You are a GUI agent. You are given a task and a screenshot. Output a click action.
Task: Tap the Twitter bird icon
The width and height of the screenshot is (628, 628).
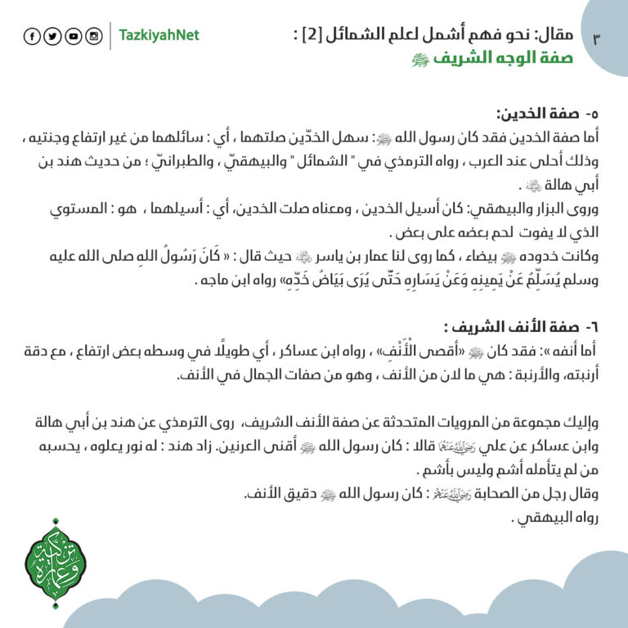(52, 36)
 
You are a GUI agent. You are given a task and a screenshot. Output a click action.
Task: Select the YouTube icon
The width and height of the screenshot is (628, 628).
(74, 36)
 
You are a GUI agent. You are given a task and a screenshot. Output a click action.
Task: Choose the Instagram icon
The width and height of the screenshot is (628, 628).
(94, 36)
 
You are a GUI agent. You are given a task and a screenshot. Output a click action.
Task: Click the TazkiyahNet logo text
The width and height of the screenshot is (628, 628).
(159, 36)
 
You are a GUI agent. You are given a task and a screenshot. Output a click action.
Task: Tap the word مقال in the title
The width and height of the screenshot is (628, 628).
(557, 35)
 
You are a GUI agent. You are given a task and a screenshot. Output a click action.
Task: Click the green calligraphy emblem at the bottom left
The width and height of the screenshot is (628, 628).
(56, 563)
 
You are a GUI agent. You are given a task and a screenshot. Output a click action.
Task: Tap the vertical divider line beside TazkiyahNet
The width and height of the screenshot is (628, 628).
(110, 36)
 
